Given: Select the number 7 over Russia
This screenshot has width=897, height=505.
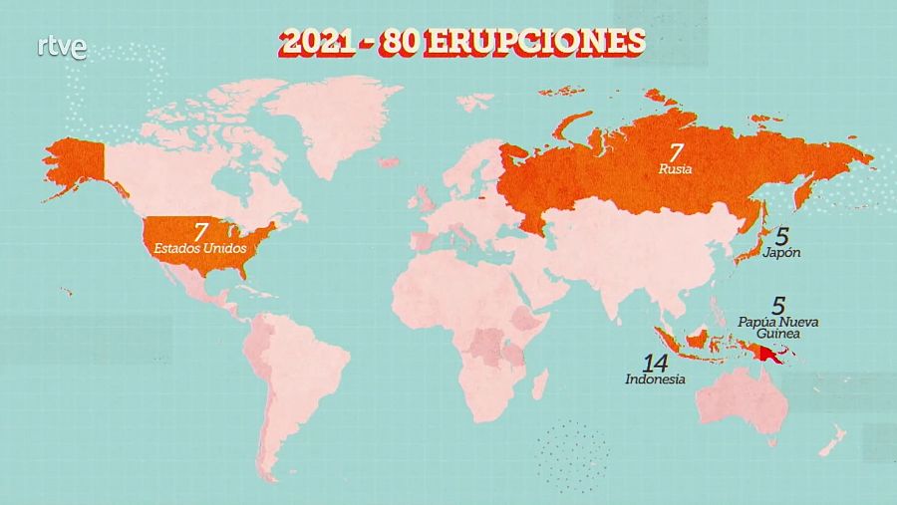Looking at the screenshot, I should coord(676,152).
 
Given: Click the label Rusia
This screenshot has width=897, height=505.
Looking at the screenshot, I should coord(676,169).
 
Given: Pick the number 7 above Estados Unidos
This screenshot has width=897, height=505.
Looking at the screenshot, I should coord(201,229).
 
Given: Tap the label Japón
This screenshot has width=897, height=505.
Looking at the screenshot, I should coord(780,253).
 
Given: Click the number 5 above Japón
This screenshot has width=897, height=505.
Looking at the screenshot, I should coord(782,235).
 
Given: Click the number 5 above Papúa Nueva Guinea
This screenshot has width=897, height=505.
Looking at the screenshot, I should coord(779,307).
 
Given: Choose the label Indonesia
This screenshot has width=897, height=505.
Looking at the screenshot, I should coord(655,379).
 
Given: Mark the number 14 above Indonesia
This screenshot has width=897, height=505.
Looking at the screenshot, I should coord(655,361).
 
